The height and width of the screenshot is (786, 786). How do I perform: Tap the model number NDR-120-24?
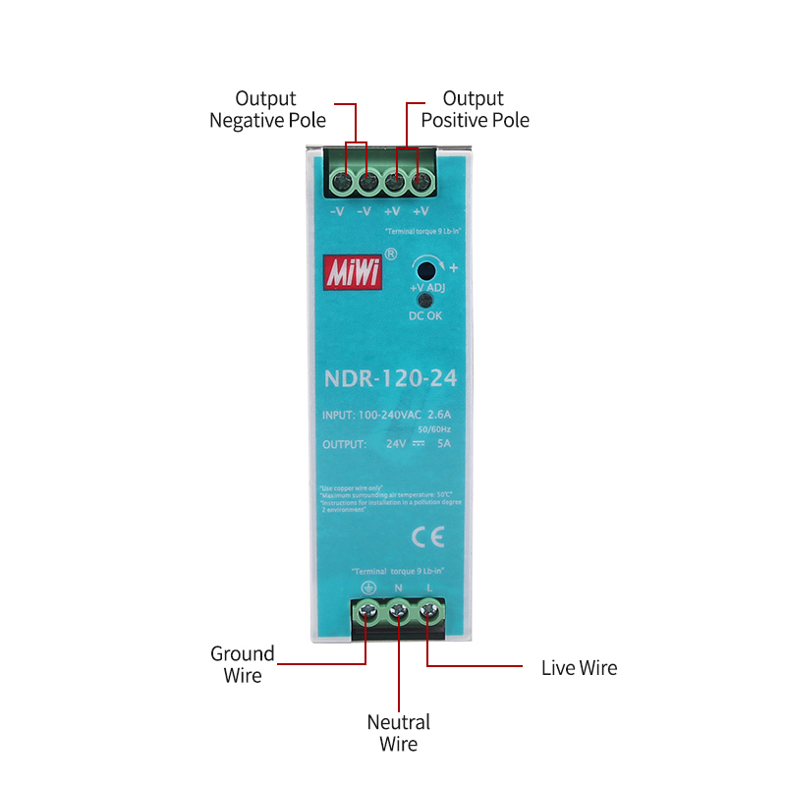[x=391, y=378]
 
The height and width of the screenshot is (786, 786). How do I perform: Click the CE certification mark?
[x=427, y=536]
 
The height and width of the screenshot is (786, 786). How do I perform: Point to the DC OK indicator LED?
[x=425, y=301]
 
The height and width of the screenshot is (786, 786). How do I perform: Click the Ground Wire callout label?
[x=242, y=664]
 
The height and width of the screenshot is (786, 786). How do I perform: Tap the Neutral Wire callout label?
[x=398, y=733]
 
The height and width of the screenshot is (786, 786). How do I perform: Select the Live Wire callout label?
[x=579, y=668]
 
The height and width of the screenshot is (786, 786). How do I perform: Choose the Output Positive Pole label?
[x=475, y=109]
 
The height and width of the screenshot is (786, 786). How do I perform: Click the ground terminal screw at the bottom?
[x=367, y=614]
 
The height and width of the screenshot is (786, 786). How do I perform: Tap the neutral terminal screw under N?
[x=398, y=614]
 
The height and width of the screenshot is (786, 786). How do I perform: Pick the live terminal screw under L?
[x=429, y=614]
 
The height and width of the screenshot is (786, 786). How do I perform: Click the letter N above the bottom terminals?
[x=398, y=588]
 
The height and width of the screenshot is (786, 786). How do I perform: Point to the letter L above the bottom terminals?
[x=429, y=588]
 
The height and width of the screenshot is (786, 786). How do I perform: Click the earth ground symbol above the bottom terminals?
[x=367, y=588]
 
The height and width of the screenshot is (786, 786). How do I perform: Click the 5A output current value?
[x=444, y=444]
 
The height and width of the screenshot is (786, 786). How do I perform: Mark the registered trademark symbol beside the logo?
[x=391, y=253]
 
